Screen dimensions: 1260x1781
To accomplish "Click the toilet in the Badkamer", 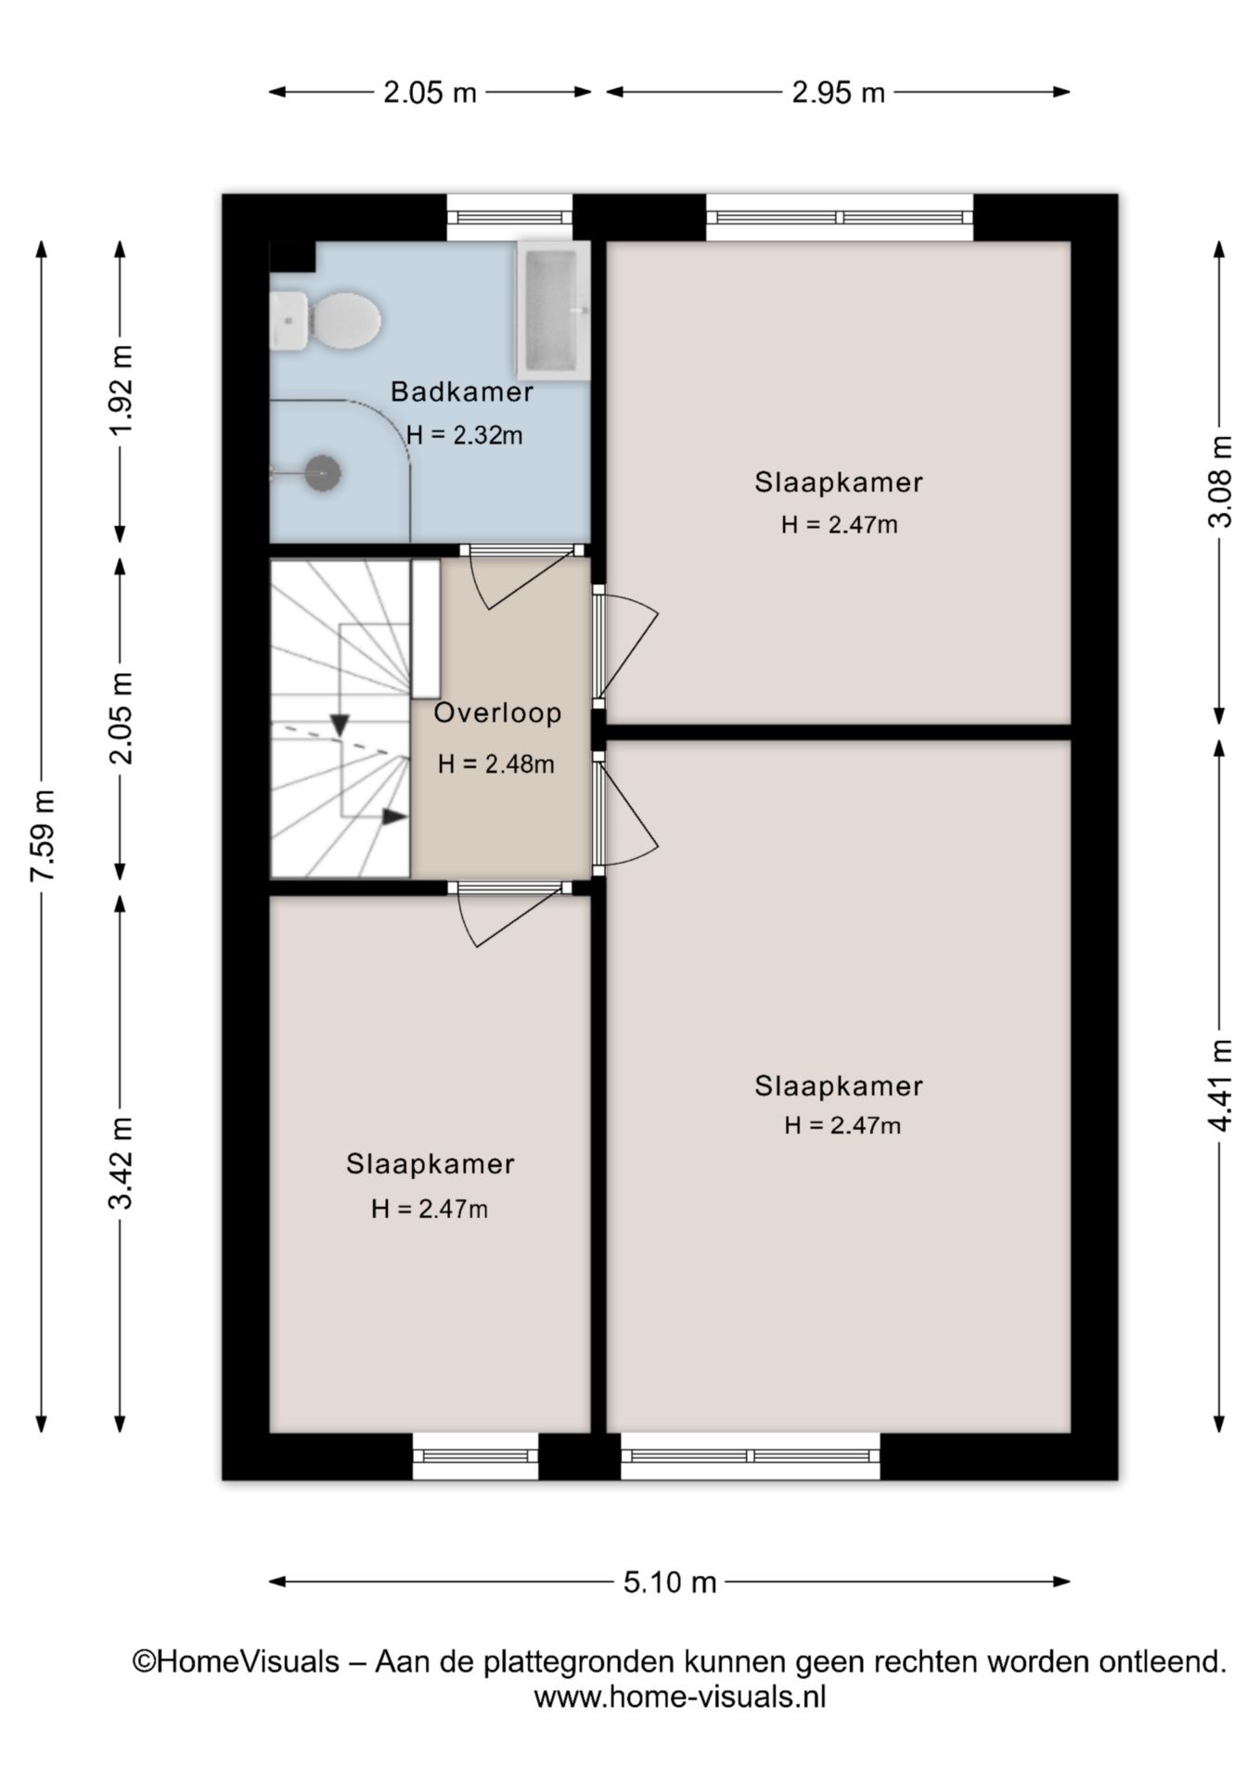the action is point(325,321).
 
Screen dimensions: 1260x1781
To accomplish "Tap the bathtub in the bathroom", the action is point(553,310).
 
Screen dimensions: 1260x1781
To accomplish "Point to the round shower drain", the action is point(323,473).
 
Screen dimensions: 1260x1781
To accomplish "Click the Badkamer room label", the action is point(461,391).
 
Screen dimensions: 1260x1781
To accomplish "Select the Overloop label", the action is point(498,713).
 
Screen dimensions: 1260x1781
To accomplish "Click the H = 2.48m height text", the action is point(496,764).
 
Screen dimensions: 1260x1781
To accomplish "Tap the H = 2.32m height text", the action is point(465,435).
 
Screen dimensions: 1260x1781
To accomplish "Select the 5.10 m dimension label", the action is point(670,1582).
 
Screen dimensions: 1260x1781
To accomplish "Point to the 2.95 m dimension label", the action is point(839,93).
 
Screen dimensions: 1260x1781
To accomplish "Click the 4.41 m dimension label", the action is point(1221,1085).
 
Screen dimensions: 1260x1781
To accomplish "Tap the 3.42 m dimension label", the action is point(122,1163).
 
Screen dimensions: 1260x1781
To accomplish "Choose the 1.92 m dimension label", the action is point(122,391).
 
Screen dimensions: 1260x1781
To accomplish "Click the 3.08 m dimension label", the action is point(1221,481).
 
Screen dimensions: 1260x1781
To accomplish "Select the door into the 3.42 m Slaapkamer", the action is point(509,914).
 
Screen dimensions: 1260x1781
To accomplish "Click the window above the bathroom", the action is point(510,217).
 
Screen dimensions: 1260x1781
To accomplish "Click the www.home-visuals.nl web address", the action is point(680,1697).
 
